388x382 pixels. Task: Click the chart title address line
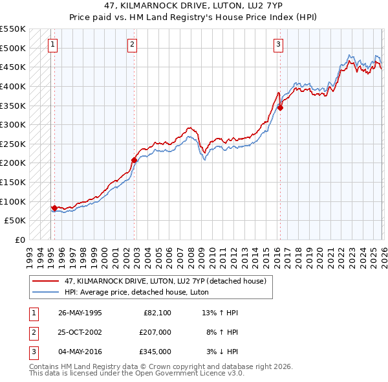click(194, 6)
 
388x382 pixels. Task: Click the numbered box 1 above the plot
click(52, 45)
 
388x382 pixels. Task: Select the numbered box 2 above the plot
click(132, 45)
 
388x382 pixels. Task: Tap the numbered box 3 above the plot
click(278, 45)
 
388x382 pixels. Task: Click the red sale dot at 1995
click(54, 208)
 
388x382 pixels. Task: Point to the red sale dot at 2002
click(134, 160)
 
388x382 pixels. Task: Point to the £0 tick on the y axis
click(19, 240)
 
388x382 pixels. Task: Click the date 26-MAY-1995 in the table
click(80, 313)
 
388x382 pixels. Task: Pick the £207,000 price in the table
click(155, 332)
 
